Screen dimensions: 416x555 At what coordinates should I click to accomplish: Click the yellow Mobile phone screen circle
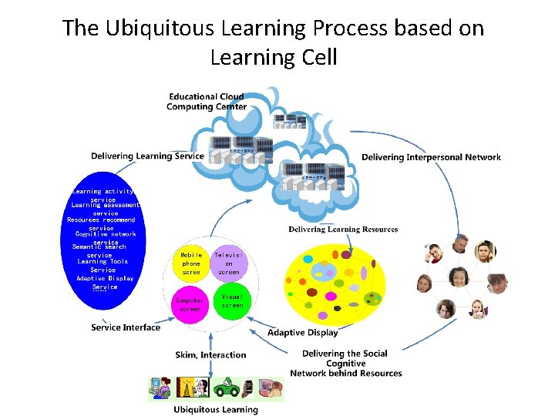pos(191,263)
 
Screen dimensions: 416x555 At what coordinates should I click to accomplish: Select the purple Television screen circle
pos(229,263)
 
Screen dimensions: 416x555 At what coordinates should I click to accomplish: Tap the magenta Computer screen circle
pos(190,304)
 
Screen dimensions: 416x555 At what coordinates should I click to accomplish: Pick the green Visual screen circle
pos(231,301)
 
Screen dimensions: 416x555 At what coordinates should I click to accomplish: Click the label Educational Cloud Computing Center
pos(207,102)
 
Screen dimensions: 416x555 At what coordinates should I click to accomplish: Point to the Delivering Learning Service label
pos(147,156)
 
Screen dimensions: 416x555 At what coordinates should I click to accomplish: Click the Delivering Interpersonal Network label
pos(431,157)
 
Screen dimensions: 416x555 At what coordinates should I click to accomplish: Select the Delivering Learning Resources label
pos(343,230)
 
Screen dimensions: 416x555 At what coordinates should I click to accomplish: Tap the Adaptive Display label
pos(302,333)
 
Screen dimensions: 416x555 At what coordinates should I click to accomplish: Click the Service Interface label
pos(126,327)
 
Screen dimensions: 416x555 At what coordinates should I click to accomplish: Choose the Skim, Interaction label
pos(210,355)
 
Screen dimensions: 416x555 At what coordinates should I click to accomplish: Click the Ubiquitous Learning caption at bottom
pos(215,410)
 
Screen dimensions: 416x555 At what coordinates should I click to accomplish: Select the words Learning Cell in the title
pos(273,57)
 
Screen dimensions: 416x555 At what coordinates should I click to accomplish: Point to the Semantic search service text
pos(99,251)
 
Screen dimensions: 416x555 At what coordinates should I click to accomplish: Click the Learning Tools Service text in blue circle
pos(103,266)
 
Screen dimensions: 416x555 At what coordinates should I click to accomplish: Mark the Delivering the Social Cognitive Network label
pos(345,363)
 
